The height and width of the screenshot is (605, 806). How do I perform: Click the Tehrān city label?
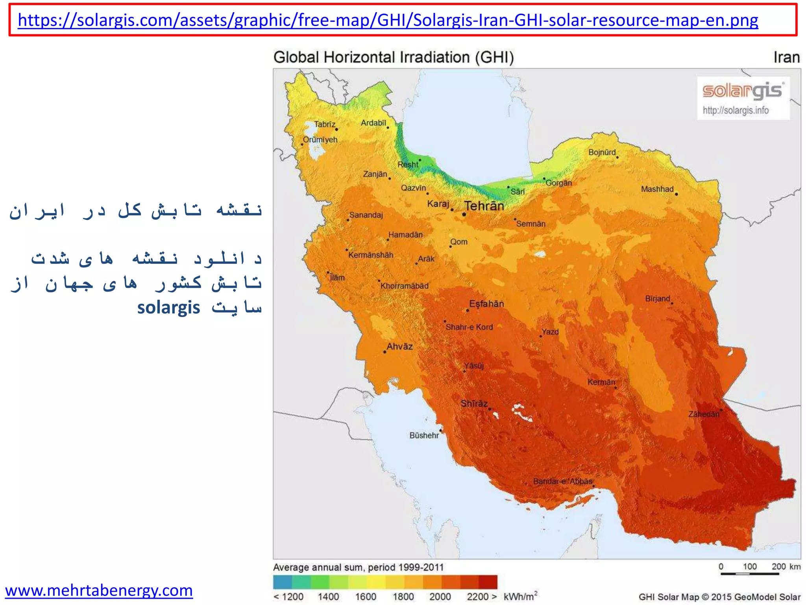[x=484, y=206]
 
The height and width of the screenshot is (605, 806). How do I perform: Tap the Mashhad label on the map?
[x=657, y=189]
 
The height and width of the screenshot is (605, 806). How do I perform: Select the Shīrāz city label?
[x=474, y=403]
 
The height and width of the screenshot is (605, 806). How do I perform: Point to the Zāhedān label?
[x=704, y=414]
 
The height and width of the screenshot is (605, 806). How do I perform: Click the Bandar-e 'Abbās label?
[x=562, y=481]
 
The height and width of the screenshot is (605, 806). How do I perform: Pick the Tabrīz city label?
[x=324, y=124]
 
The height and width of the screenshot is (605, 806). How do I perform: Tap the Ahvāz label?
[x=399, y=347]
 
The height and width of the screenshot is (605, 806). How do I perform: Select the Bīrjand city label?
[x=657, y=299]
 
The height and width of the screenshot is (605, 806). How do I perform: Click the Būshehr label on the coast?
[x=424, y=435]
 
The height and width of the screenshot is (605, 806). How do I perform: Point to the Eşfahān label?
[x=486, y=304]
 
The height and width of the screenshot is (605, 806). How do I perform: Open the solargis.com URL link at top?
[x=388, y=20]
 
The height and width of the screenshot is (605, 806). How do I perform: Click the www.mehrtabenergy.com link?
[x=99, y=590]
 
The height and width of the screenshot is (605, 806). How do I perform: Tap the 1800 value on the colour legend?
[x=403, y=597]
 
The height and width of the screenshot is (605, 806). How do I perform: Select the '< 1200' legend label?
[x=288, y=597]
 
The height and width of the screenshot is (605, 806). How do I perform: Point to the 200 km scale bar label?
[x=786, y=566]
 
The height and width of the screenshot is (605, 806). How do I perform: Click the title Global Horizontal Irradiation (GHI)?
[x=394, y=58]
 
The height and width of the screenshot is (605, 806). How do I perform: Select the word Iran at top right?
[x=786, y=58]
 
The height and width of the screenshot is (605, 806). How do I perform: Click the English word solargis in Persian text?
[x=168, y=308]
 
